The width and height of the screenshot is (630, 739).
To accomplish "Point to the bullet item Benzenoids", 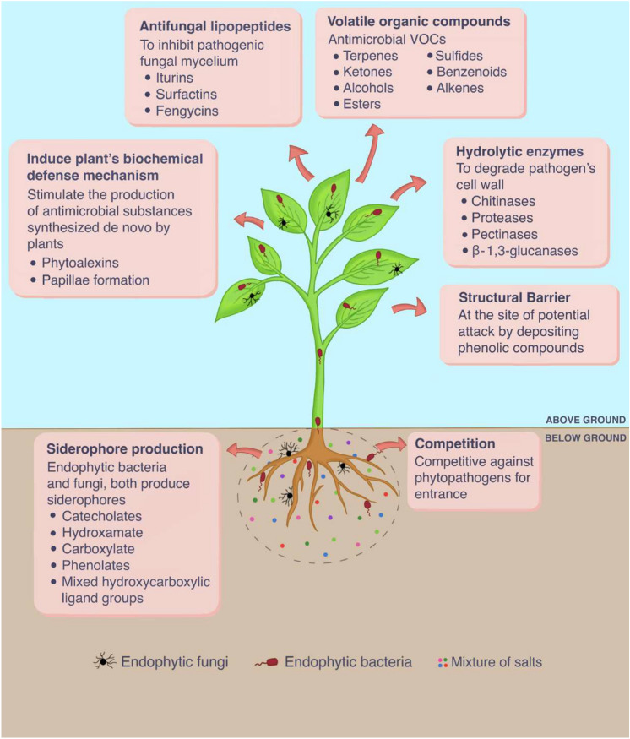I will [471, 72].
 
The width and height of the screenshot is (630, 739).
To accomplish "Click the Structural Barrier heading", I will [525, 299].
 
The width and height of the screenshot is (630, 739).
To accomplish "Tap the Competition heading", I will [454, 444].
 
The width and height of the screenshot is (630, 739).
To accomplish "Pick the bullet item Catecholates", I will [101, 515].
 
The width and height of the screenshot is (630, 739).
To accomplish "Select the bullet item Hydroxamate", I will [101, 532].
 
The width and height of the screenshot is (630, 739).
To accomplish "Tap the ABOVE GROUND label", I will [585, 419].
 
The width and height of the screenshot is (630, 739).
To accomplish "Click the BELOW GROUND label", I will [585, 437].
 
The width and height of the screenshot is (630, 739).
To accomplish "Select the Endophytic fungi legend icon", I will [105, 662].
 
